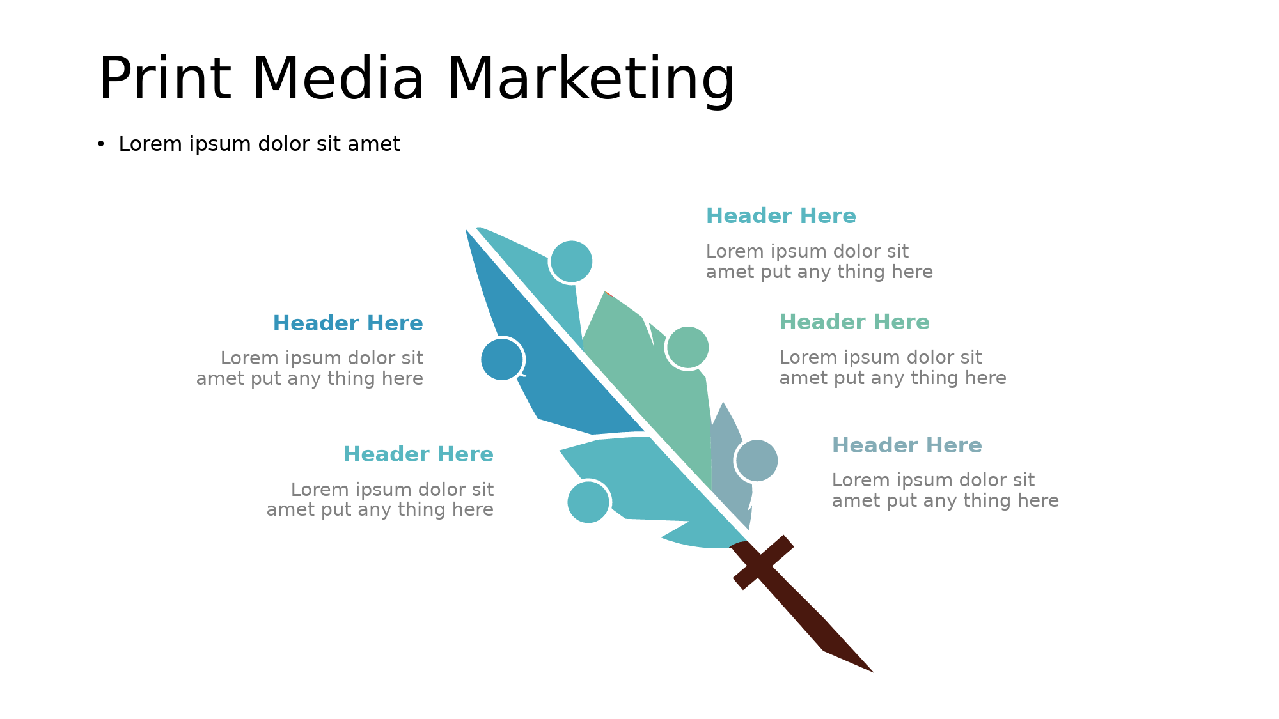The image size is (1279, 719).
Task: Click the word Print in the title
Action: [x=164, y=79]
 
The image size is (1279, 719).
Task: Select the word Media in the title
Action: [x=339, y=79]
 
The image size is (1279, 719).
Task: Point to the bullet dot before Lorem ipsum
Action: [x=100, y=145]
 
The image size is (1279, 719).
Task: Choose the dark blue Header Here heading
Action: [x=348, y=323]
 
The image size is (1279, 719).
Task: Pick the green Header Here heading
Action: [x=854, y=322]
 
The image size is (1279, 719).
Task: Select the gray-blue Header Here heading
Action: [x=907, y=445]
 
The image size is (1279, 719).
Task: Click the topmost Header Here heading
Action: [x=781, y=216]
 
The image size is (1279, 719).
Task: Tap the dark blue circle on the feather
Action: [x=502, y=359]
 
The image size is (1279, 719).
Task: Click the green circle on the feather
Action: [x=687, y=348]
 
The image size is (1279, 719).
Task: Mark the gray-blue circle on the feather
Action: [x=757, y=461]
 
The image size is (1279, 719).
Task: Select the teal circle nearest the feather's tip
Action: [x=571, y=261]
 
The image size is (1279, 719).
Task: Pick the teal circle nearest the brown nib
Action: [x=588, y=502]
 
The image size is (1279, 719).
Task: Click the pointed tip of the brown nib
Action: [x=873, y=672]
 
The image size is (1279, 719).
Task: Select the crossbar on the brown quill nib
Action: [x=763, y=562]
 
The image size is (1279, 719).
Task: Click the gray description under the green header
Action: [x=893, y=367]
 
